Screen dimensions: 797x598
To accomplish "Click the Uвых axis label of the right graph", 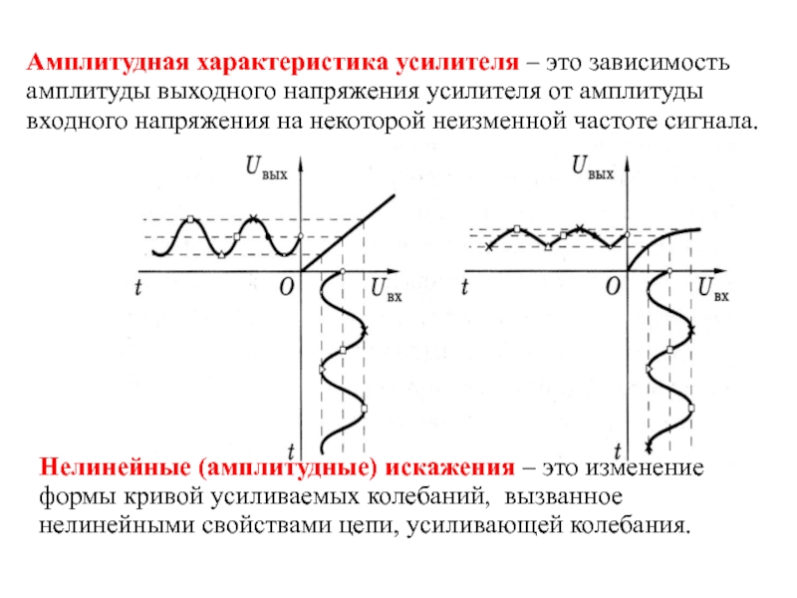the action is click(593, 168).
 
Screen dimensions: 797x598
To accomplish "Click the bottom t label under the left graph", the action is click(288, 449).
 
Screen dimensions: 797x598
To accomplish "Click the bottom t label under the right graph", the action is click(618, 449).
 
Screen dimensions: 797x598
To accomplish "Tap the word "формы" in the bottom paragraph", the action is click(75, 495).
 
